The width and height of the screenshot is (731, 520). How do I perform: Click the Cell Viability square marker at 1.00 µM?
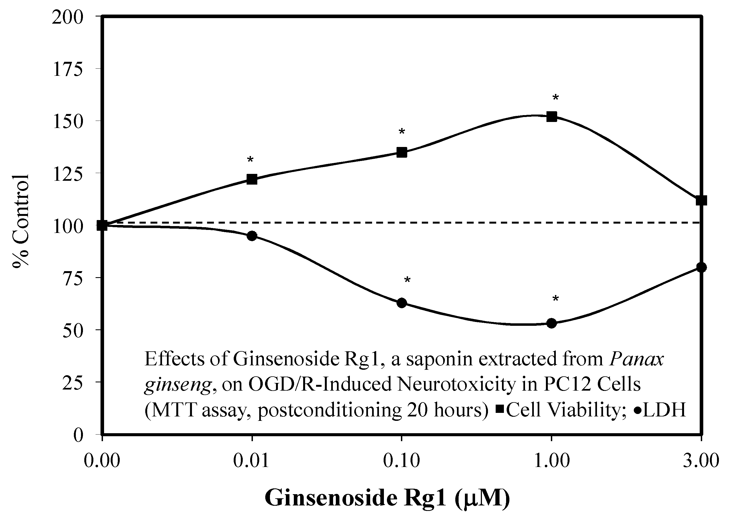[x=551, y=116]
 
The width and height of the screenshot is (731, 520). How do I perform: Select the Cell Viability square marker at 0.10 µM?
[x=402, y=152]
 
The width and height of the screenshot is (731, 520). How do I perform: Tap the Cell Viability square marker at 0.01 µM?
[x=252, y=179]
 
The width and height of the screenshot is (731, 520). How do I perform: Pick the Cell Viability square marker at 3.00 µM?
[x=701, y=201]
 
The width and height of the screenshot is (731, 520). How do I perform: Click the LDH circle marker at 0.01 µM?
[x=252, y=236]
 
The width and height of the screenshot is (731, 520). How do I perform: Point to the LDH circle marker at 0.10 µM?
[x=402, y=303]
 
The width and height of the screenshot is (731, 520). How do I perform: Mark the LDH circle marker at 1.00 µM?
[x=551, y=323]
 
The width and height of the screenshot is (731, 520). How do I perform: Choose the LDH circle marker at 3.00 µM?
[x=701, y=267]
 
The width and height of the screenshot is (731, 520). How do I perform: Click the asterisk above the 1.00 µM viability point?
[x=555, y=97]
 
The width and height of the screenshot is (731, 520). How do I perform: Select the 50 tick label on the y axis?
[x=73, y=330]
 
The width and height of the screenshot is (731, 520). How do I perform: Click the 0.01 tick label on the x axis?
[x=251, y=461]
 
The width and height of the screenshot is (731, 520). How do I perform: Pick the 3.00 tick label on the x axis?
[x=701, y=461]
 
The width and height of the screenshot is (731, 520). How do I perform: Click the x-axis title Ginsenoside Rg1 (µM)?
[x=387, y=498]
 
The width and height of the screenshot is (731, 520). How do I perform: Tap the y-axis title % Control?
[x=21, y=221]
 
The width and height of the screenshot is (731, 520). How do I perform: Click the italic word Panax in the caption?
[x=637, y=359]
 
